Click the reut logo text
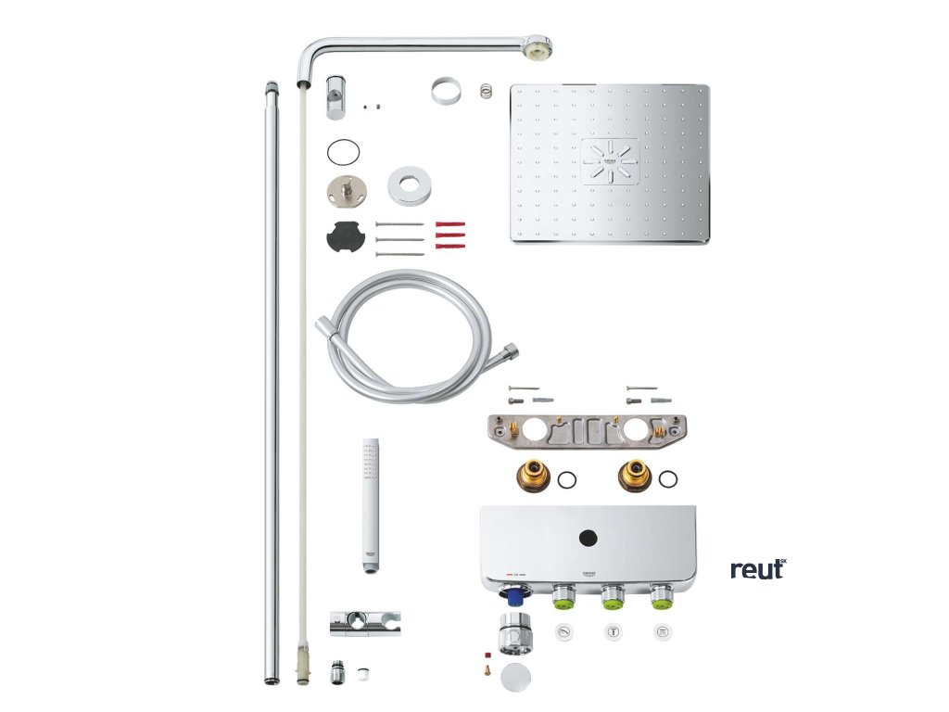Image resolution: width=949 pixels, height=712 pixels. click(x=757, y=568)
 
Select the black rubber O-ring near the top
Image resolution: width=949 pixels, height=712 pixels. click(x=343, y=151)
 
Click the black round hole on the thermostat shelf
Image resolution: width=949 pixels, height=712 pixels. click(x=588, y=536)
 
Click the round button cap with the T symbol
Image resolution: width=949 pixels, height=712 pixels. click(x=613, y=631)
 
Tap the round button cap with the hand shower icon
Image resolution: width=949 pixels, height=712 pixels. click(x=563, y=631)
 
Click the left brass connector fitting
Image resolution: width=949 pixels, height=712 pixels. click(x=528, y=478)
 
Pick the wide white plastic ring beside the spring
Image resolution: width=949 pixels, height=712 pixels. click(x=446, y=94)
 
